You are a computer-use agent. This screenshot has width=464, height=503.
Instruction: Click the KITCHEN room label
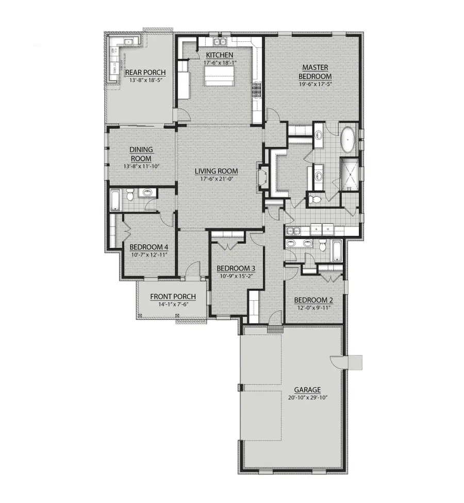click(x=220, y=55)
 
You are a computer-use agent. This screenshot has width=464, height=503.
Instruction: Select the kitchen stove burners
click(x=256, y=90)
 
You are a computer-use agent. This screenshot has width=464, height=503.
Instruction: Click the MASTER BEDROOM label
click(x=316, y=72)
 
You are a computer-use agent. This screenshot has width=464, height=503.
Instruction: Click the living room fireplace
click(x=263, y=179)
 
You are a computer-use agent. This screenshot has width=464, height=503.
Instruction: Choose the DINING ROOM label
click(x=141, y=154)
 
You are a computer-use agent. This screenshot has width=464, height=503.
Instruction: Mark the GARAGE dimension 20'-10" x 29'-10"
click(x=307, y=398)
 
